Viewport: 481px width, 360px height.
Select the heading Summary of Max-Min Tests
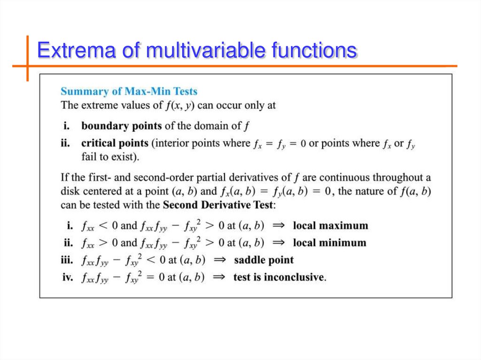click(x=129, y=91)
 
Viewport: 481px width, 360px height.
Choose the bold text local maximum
click(x=330, y=226)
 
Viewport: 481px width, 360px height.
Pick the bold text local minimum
click(x=329, y=243)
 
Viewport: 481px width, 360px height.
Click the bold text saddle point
click(x=264, y=260)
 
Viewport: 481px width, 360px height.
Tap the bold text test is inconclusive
click(x=279, y=277)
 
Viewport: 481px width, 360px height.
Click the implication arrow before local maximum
click(x=279, y=226)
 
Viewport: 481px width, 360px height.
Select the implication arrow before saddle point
click(x=219, y=260)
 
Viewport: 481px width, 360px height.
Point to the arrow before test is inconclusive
click(x=219, y=277)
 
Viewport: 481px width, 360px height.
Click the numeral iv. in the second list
click(x=68, y=277)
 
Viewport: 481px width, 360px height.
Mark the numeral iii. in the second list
click(x=67, y=260)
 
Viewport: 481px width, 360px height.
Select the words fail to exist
click(x=110, y=156)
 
